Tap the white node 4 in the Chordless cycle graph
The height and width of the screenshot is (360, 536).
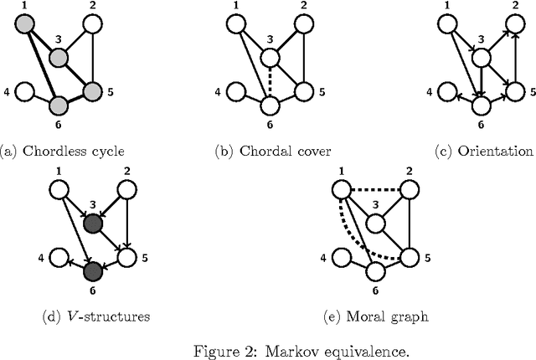tap(24, 90)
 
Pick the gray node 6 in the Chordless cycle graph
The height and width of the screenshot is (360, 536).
tap(59, 105)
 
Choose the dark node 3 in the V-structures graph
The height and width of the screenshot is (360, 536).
tap(93, 224)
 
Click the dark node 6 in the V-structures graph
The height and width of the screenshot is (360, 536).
tap(93, 271)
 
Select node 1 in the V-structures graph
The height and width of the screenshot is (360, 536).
tap(59, 191)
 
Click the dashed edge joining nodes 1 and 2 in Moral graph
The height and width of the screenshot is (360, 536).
tap(374, 190)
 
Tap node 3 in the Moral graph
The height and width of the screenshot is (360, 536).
tap(374, 224)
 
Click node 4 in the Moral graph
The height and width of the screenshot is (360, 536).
tap(341, 256)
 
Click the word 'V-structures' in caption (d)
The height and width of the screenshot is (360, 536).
tap(96, 316)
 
